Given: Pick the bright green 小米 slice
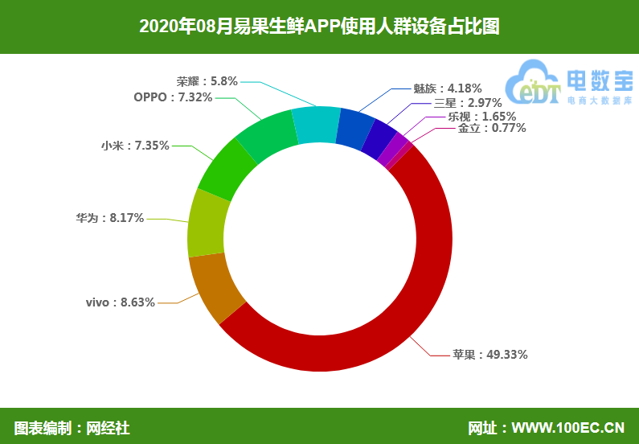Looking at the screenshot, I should coord(227,169).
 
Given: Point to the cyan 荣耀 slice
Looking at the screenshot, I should coord(315,125).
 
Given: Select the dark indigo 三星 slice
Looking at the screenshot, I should coord(379,140).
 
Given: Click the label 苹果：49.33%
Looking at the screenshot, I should coord(479,354).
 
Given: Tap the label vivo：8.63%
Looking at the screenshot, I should coord(120,302).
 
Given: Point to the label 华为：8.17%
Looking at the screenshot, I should coord(110,217).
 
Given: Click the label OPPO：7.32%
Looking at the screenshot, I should coord(173,97).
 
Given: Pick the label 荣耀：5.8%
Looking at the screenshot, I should coord(207,80).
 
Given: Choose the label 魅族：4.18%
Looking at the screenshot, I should coord(448,88).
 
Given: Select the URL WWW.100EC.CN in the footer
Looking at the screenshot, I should coord(567,427).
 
